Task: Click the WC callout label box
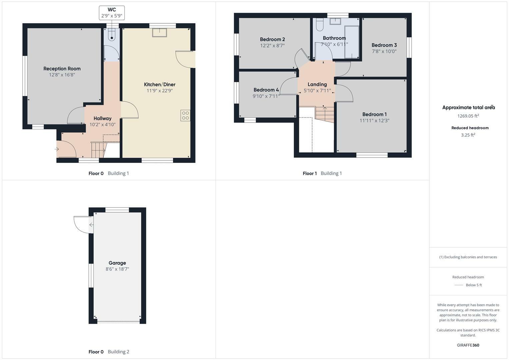pos(112,13)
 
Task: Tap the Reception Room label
pos(62,69)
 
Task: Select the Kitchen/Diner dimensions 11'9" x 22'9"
pos(160,91)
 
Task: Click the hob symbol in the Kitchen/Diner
pos(185,116)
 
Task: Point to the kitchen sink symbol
pos(160,32)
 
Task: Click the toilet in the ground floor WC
pos(112,35)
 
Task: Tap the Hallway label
pos(102,118)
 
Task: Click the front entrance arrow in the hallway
pos(57,149)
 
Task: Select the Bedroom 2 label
pos(272,39)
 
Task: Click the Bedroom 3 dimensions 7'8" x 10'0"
pos(384,51)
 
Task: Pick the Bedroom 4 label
pos(266,90)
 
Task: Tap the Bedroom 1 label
pos(374,114)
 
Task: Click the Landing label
pos(317,84)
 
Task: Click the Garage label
pos(117,263)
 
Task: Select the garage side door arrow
pos(91,225)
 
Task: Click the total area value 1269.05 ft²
pos(468,116)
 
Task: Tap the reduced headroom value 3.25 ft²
pos(468,135)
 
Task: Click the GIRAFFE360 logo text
pos(468,345)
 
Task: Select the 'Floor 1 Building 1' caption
pos(322,173)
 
